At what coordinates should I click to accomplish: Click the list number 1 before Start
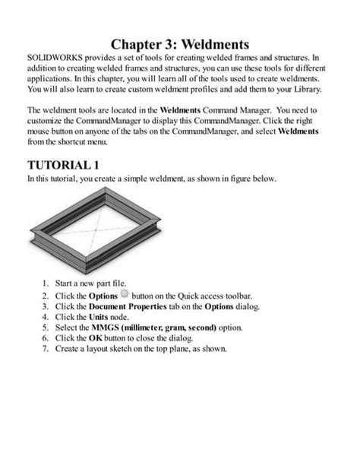coord(45,283)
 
